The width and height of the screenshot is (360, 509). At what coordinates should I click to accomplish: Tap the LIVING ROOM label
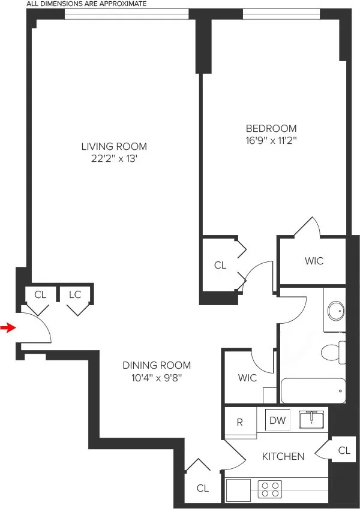(114, 146)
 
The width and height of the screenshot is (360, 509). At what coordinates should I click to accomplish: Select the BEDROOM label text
(271, 128)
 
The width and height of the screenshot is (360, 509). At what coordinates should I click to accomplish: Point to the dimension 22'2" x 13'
(114, 159)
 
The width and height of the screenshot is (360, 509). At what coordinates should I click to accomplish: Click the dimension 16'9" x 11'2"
(271, 141)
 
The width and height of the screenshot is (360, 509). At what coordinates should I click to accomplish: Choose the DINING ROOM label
(157, 365)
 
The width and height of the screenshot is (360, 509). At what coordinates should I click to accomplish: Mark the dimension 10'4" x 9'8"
(157, 378)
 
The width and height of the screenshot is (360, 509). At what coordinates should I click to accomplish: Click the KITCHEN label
(283, 456)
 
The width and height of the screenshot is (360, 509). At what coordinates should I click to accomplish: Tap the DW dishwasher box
(277, 421)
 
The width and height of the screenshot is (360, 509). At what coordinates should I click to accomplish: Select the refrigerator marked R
(239, 422)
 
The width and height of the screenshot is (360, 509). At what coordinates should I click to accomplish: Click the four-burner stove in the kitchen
(270, 489)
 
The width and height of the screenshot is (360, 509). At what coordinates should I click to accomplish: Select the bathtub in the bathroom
(313, 391)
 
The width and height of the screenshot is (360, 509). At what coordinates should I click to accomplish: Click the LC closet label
(75, 294)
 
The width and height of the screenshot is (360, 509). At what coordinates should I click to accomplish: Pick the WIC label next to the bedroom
(314, 261)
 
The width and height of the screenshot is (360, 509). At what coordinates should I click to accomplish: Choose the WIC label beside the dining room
(247, 378)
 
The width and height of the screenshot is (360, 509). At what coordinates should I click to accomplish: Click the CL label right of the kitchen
(343, 450)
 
